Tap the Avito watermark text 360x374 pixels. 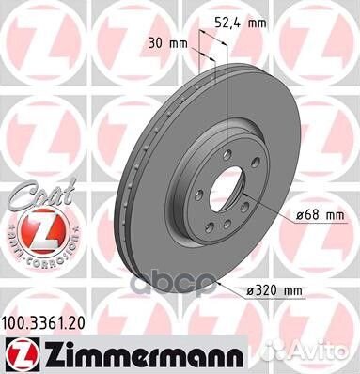tap(328, 352)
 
